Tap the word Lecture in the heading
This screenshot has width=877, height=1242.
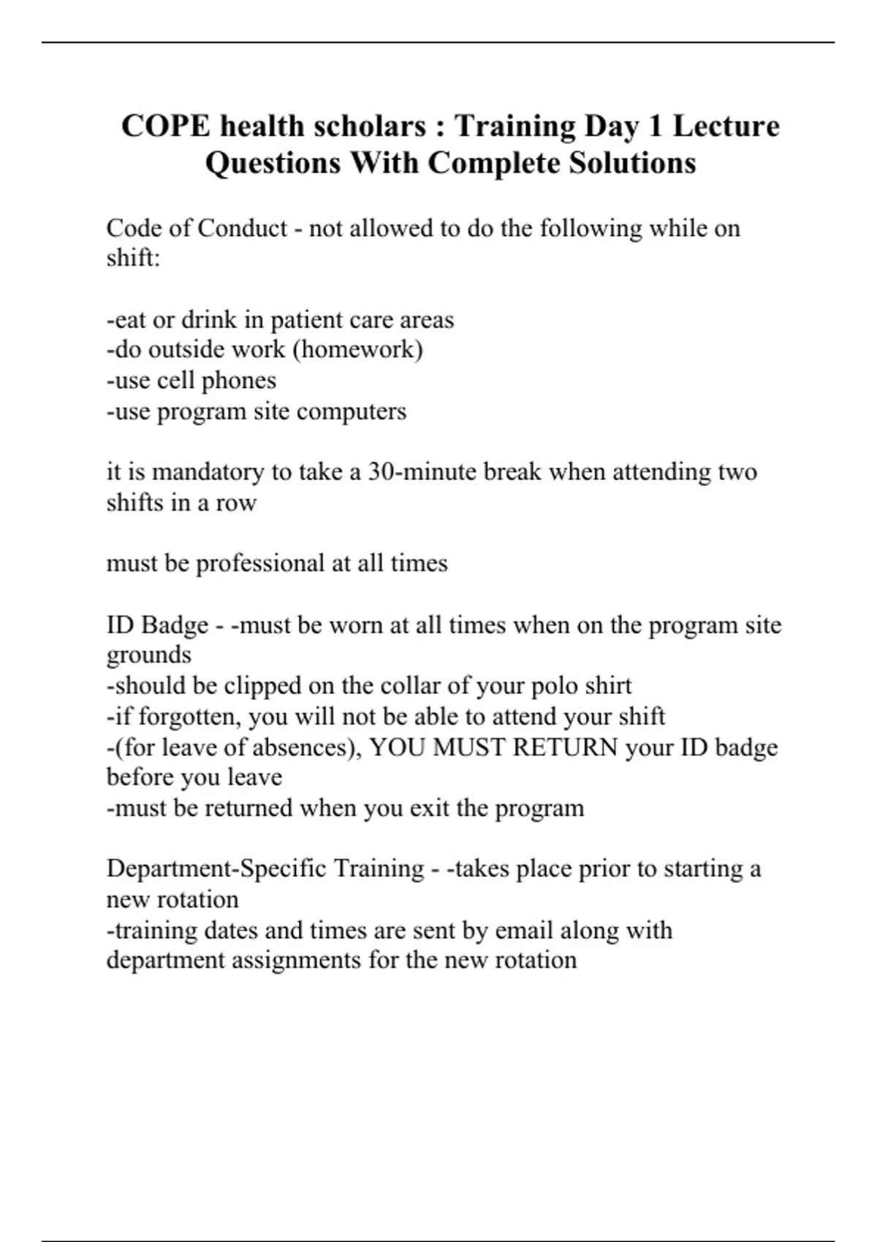pos(726,126)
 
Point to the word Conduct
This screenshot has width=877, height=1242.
pos(242,228)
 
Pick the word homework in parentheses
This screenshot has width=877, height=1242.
pos(357,349)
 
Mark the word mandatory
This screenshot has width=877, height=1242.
pos(208,471)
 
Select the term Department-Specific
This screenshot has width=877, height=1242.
pos(216,869)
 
